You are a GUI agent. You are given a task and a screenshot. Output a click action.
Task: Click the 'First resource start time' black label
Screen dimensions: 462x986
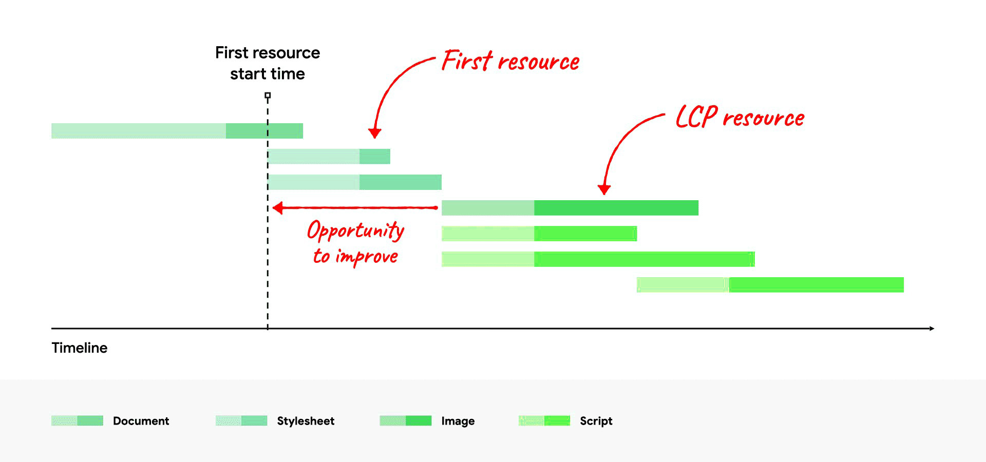[267, 63]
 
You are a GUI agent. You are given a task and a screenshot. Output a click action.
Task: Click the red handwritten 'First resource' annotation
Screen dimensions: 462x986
[510, 62]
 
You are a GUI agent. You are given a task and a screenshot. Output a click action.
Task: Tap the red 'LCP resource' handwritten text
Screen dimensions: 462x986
[739, 118]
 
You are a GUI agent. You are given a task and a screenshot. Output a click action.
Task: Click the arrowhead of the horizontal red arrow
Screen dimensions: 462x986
[278, 208]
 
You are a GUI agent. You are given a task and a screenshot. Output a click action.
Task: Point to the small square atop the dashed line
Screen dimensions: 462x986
[268, 95]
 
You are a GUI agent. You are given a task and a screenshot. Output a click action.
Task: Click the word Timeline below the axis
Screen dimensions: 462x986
[80, 348]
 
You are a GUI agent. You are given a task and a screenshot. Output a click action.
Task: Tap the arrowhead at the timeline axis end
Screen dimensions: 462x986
[931, 328]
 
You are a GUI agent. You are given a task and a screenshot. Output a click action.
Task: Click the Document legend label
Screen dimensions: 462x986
[141, 421]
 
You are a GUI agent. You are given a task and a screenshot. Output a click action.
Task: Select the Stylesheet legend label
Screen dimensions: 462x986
[306, 421]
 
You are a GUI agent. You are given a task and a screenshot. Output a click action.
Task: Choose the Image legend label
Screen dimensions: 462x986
[458, 421]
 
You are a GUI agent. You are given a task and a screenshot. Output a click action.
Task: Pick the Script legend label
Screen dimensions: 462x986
[596, 421]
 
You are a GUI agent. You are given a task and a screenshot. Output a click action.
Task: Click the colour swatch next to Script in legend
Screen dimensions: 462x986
[544, 421]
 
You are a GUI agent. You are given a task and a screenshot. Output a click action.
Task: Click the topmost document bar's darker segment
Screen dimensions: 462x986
[264, 131]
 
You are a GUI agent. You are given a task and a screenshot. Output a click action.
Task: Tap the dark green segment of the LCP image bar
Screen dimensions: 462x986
[616, 208]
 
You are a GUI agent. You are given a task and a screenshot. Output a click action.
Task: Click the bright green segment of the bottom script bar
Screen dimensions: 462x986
[817, 285]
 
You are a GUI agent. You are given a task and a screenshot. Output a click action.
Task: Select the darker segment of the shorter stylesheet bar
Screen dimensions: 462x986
[375, 157]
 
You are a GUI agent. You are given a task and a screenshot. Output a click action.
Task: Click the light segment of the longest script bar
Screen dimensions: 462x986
[488, 259]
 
